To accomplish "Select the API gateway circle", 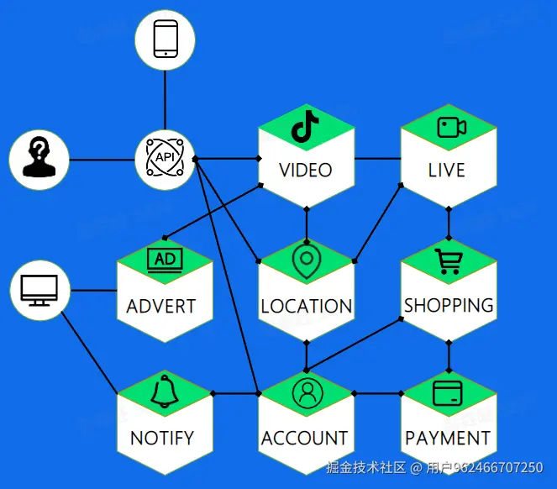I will (165, 158).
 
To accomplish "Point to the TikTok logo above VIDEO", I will (305, 127).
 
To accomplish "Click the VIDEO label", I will (306, 171).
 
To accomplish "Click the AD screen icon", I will (165, 260).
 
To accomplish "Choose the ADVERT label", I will (161, 306).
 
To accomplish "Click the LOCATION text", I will (307, 306).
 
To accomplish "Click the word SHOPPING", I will (449, 305).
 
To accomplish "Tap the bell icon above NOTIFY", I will (165, 392).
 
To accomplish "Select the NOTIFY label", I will (162, 439).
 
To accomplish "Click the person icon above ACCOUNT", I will (306, 392).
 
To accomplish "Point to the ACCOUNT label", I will (304, 439).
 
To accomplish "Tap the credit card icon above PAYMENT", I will (448, 392).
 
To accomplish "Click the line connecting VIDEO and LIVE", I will (378, 158).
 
